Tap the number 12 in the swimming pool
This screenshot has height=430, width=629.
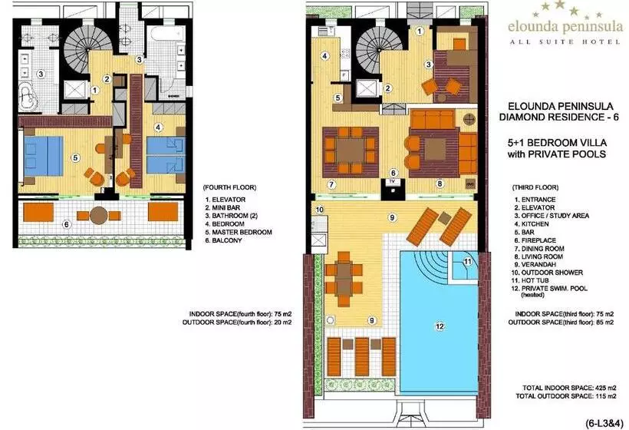click(x=440, y=326)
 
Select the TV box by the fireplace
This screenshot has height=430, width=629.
click(x=393, y=182)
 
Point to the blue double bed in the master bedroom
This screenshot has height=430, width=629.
click(x=43, y=156)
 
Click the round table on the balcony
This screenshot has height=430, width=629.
click(x=99, y=215)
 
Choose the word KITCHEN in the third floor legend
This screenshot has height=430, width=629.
click(x=535, y=224)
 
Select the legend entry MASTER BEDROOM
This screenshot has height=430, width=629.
click(x=242, y=232)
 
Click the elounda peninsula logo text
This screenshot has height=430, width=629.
click(x=565, y=27)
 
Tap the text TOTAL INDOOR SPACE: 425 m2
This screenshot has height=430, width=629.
click(x=569, y=388)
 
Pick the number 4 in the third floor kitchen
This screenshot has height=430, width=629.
click(x=324, y=56)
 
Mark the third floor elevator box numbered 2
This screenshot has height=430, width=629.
click(x=367, y=89)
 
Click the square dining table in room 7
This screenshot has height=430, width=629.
click(x=351, y=150)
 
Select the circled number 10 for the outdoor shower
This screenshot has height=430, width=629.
click(x=319, y=210)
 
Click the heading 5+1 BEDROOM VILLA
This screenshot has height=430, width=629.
click(x=557, y=143)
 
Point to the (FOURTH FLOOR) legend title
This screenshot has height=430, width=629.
click(x=229, y=187)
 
